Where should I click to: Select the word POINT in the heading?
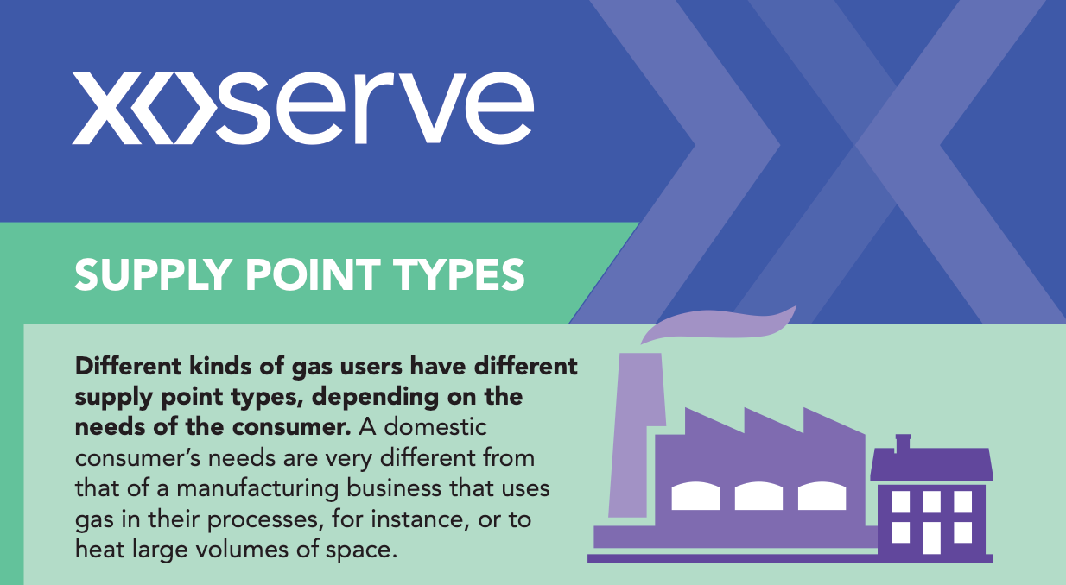(x=313, y=274)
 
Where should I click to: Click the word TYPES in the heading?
(x=459, y=274)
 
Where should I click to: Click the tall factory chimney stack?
(x=637, y=435)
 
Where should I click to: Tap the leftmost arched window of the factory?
(x=695, y=496)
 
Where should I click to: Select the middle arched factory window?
(x=758, y=496)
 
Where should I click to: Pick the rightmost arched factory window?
(x=822, y=496)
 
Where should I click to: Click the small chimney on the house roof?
(x=903, y=443)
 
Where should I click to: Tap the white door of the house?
(x=931, y=538)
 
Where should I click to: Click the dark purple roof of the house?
(x=931, y=464)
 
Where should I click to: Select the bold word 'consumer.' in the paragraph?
(x=291, y=427)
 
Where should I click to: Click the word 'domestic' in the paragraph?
(x=435, y=427)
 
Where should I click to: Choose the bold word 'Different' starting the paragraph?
(x=129, y=367)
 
